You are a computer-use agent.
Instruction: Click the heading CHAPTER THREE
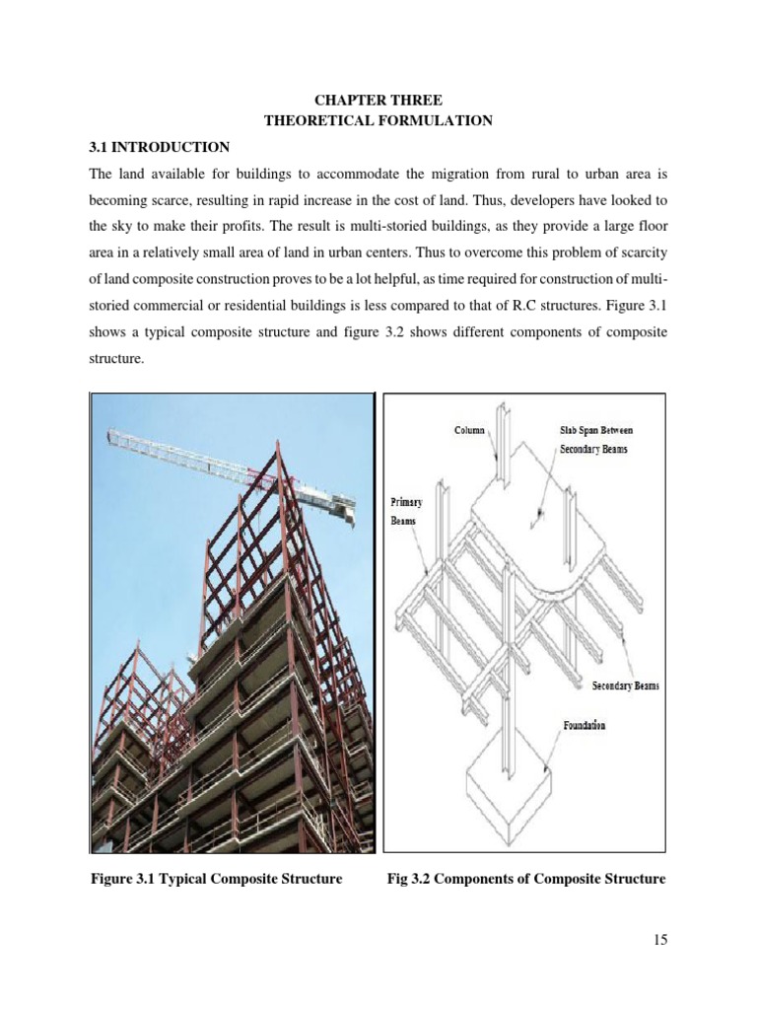click(x=378, y=101)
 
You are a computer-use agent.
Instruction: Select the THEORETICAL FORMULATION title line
click(x=378, y=120)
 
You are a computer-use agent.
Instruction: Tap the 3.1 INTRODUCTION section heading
click(x=159, y=148)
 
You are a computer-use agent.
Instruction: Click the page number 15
click(x=659, y=940)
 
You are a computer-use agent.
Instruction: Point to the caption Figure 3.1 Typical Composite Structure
click(x=216, y=878)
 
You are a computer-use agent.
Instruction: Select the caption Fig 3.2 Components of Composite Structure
click(x=525, y=878)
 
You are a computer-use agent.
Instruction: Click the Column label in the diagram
click(x=469, y=431)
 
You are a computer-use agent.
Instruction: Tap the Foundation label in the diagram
click(x=585, y=726)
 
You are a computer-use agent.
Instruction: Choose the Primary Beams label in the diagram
click(x=404, y=510)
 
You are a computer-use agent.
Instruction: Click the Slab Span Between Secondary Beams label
click(x=589, y=440)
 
